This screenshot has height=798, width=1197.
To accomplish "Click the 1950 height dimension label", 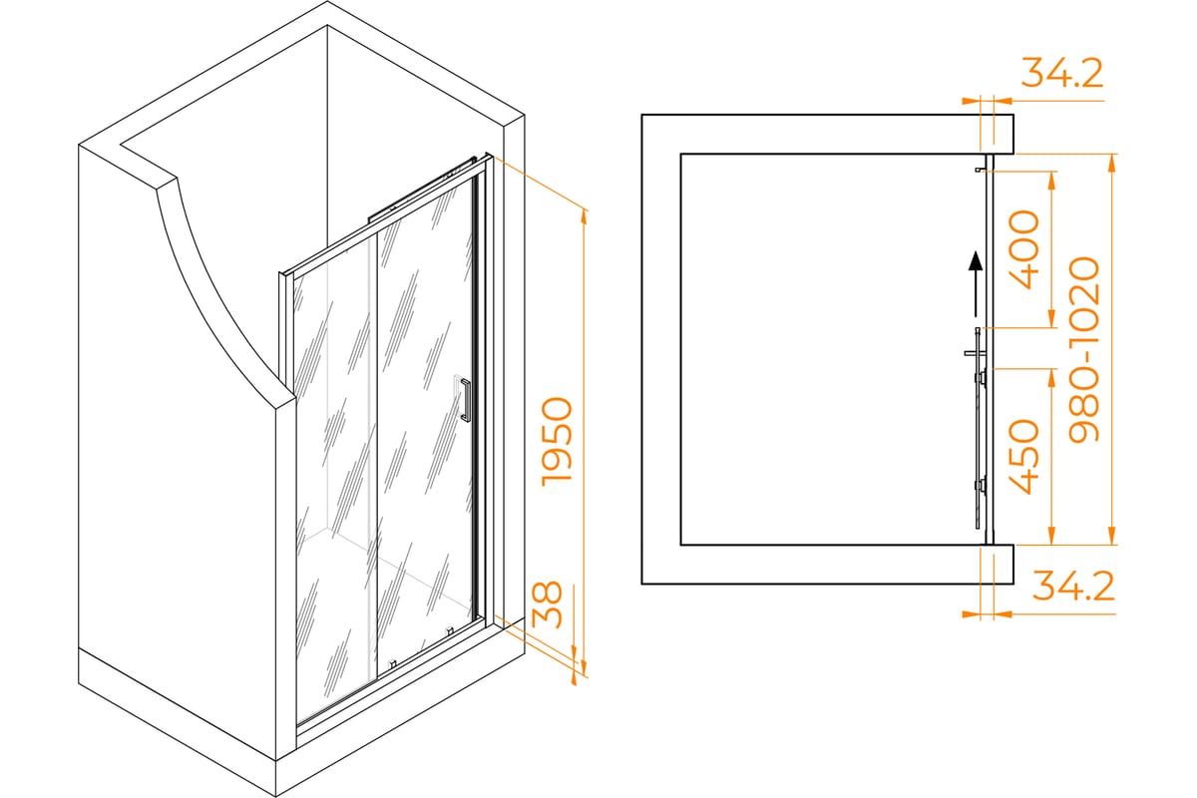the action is (x=557, y=442).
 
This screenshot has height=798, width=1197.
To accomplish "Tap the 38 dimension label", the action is (x=548, y=604).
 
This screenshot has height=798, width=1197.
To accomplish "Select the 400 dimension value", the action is (x=1023, y=249).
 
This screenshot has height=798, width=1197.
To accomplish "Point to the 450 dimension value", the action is (x=1023, y=457).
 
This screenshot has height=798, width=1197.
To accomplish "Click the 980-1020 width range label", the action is (x=1084, y=349).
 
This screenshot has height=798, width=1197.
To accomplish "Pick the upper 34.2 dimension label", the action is (x=1061, y=73).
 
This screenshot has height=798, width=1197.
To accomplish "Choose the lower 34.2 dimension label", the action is (x=1073, y=586).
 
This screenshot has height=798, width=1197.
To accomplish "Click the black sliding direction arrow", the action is (x=976, y=284).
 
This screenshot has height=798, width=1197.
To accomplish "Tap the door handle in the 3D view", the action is (x=465, y=400).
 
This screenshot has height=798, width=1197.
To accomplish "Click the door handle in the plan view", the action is (x=975, y=353).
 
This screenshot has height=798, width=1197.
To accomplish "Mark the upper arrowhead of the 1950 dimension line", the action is (x=585, y=218).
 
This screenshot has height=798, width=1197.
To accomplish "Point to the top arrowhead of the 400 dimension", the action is (x=1051, y=181).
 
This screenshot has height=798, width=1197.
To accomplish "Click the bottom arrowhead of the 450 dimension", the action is (x=1051, y=535).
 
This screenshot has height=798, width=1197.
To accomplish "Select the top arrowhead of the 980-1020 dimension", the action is (x=1112, y=163).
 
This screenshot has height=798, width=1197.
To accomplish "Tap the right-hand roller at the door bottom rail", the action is (x=450, y=631).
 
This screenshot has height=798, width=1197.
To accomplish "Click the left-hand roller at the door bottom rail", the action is (x=392, y=664).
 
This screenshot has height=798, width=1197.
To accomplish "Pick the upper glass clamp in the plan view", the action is (x=982, y=378).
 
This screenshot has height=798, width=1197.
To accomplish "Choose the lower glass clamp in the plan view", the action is (x=982, y=486).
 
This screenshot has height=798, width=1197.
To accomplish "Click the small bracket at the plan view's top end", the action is (x=980, y=170).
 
